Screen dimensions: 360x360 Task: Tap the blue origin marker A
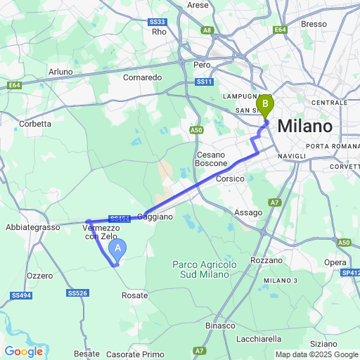pos(119,247)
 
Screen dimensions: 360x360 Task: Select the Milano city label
pos(304,127)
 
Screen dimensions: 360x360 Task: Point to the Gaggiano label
pos(155,217)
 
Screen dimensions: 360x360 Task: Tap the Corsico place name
pos(229,179)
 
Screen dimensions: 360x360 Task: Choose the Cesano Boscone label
pos(212,159)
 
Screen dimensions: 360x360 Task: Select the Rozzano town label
pos(266,260)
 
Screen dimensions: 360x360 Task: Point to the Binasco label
pos(220,326)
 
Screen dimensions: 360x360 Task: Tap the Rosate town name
pos(135,296)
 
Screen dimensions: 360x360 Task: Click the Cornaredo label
pos(143,77)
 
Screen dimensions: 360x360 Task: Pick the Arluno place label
pos(60,72)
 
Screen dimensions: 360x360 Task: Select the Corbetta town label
pos(36,124)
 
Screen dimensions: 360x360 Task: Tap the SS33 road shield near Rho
pos(157,22)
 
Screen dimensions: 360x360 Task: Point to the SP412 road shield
pos(350,272)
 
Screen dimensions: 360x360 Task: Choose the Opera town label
pos(335,262)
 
